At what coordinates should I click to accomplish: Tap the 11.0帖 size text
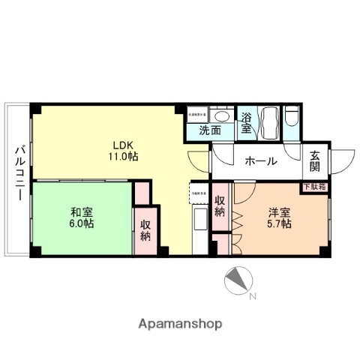point(121,157)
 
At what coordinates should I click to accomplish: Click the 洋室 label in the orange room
point(279,211)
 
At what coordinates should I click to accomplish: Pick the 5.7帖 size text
point(279,223)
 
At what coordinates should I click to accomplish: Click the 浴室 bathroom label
point(246,122)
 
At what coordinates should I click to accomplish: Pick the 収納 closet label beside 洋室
point(220,206)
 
